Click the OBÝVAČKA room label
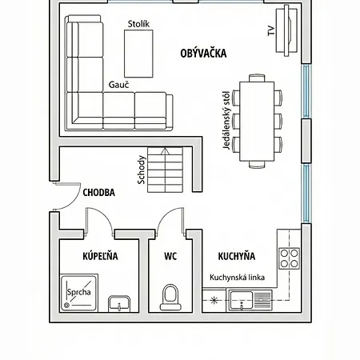tap(203, 53)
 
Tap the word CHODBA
tap(99, 193)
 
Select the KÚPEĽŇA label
tap(100, 256)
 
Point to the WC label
tap(170, 256)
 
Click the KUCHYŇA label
tap(237, 256)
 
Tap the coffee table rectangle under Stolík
tap(138, 54)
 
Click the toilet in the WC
tap(170, 298)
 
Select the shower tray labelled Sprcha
tap(79, 293)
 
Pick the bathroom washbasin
tap(119, 303)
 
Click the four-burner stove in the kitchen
tap(290, 258)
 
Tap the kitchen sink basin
tap(242, 300)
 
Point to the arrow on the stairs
tap(166, 170)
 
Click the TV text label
tap(271, 30)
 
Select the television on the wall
tap(286, 30)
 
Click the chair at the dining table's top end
tap(257, 78)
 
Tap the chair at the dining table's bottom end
tap(257, 164)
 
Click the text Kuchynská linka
tap(237, 278)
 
